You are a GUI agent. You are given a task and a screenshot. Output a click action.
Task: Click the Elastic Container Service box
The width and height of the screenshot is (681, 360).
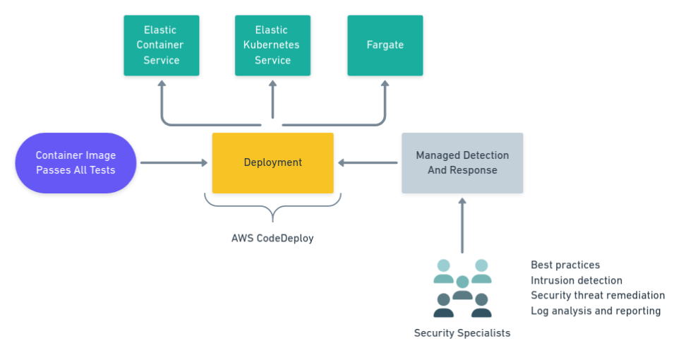[161, 45]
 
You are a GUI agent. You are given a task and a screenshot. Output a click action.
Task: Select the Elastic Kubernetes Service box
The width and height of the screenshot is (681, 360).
[272, 45]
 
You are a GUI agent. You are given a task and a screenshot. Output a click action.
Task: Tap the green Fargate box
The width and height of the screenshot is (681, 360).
[385, 45]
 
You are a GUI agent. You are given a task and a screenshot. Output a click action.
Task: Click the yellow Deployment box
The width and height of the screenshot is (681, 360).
[272, 163]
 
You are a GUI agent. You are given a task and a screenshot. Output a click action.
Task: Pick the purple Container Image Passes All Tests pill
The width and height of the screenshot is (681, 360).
[76, 163]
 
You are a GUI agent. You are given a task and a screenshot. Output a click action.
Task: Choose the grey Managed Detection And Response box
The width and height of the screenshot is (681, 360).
[462, 163]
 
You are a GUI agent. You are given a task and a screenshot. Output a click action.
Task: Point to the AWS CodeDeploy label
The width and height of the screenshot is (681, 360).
[272, 239]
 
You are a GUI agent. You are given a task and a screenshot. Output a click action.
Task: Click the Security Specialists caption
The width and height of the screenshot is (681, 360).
[462, 332]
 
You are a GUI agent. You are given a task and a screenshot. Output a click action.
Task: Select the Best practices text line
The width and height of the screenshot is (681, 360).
[565, 265]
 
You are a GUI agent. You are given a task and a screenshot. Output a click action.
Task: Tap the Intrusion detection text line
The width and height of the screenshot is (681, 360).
[577, 281]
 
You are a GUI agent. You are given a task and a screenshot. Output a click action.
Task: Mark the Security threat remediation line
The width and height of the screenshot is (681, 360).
[598, 296]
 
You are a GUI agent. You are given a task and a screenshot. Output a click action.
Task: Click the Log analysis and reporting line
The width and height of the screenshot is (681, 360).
[596, 311]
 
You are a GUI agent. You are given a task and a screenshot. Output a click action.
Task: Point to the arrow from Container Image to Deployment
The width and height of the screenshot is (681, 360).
[174, 163]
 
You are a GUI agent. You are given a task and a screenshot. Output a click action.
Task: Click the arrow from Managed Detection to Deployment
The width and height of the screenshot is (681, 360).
[368, 163]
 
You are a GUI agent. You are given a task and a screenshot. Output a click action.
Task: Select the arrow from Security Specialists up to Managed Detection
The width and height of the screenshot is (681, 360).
[462, 226]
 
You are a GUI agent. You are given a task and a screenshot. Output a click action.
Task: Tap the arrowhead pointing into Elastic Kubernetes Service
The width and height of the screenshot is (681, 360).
[272, 85]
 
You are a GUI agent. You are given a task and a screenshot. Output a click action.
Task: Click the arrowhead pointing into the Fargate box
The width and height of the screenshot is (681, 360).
[385, 85]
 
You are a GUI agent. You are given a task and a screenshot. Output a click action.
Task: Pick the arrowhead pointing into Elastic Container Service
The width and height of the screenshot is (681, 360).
[161, 85]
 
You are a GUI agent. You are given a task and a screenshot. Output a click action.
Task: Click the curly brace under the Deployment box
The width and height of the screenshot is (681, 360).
[272, 208]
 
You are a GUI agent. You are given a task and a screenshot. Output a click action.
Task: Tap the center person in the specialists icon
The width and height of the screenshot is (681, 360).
[462, 287]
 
